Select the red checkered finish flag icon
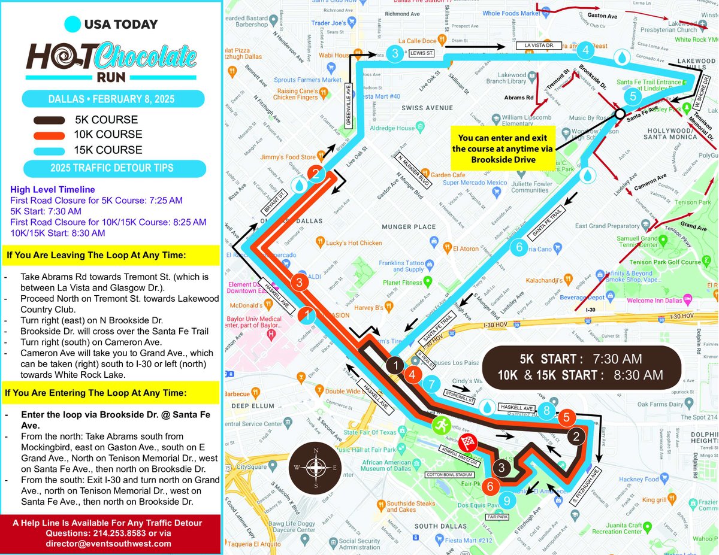tap(468, 444)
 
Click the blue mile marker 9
tap(507, 500)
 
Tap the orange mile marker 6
tap(490, 486)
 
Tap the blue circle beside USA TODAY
tap(72, 25)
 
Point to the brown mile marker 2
tap(576, 436)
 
